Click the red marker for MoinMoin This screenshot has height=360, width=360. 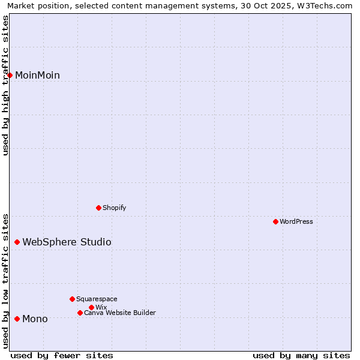[x=10, y=75]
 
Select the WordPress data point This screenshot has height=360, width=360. [x=275, y=222]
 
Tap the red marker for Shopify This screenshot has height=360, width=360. [x=98, y=208]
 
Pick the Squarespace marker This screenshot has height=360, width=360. [x=72, y=299]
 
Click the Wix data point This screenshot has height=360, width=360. [x=91, y=307]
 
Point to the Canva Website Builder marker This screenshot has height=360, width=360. [x=80, y=313]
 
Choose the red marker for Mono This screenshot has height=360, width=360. [x=17, y=319]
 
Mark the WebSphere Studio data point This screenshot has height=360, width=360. [x=17, y=242]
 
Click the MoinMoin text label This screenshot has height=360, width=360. [x=37, y=75]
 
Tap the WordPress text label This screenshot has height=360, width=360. [x=296, y=222]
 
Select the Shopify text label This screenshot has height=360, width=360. [x=115, y=208]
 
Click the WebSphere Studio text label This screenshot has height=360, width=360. [x=67, y=242]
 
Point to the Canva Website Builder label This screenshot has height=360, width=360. [x=120, y=313]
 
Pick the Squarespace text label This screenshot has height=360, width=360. [x=97, y=299]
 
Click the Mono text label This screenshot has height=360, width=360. [x=35, y=319]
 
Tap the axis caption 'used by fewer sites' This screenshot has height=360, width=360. [x=62, y=355]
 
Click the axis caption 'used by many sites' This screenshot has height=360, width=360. [x=301, y=355]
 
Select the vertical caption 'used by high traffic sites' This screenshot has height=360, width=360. [x=5, y=85]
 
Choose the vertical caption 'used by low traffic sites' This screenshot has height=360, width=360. [x=5, y=280]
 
